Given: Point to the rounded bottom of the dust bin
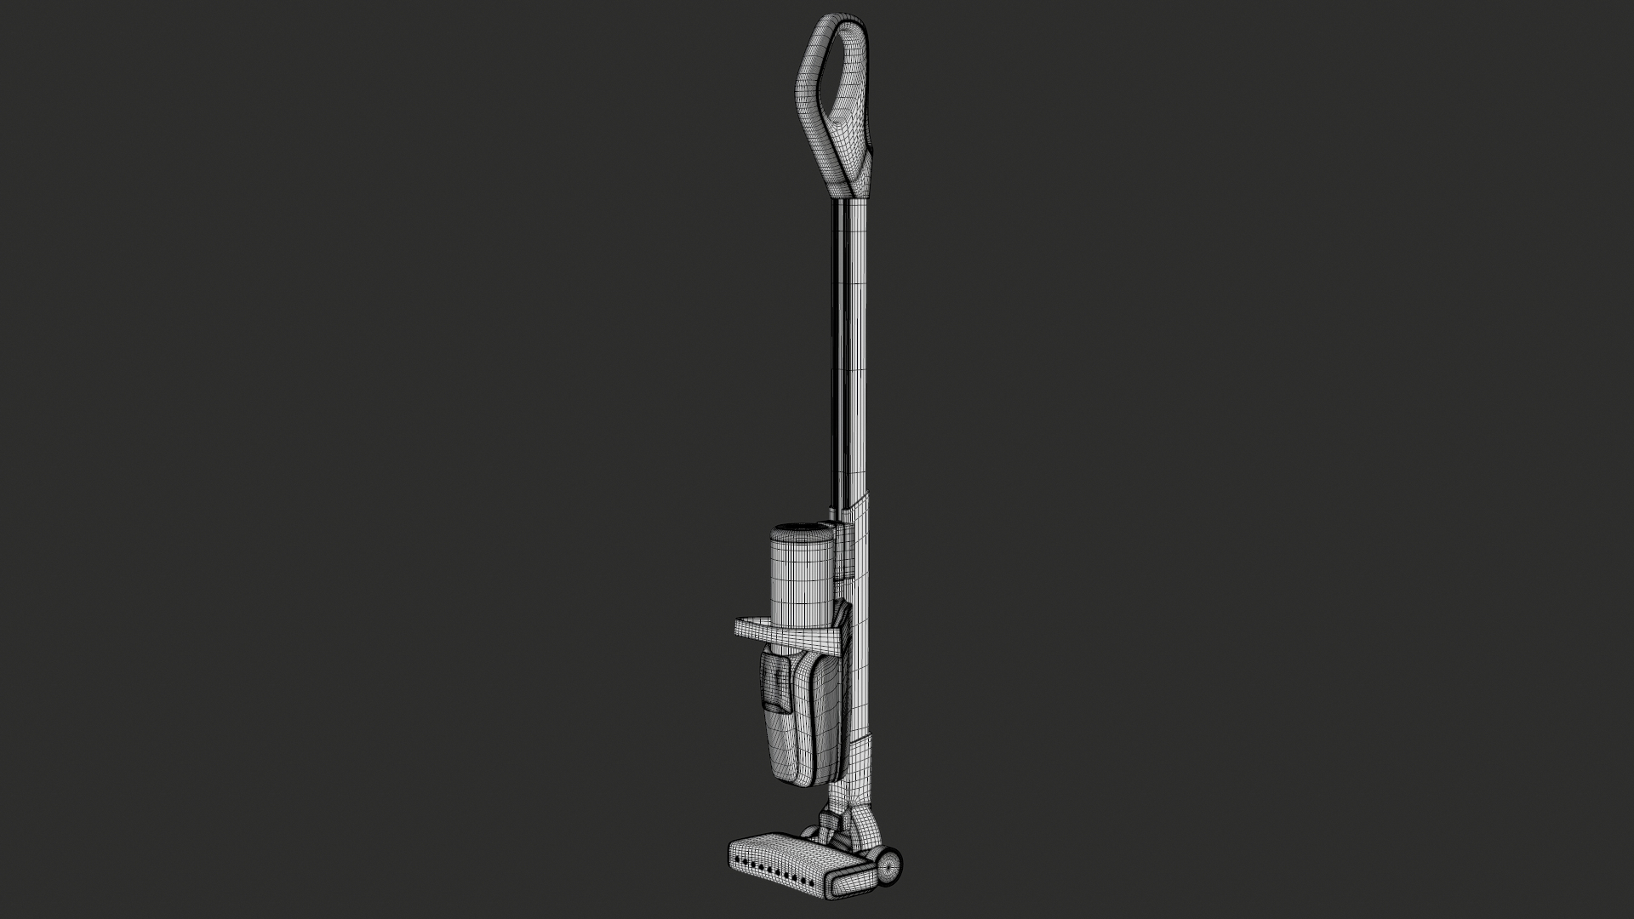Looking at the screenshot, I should [x=787, y=779].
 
